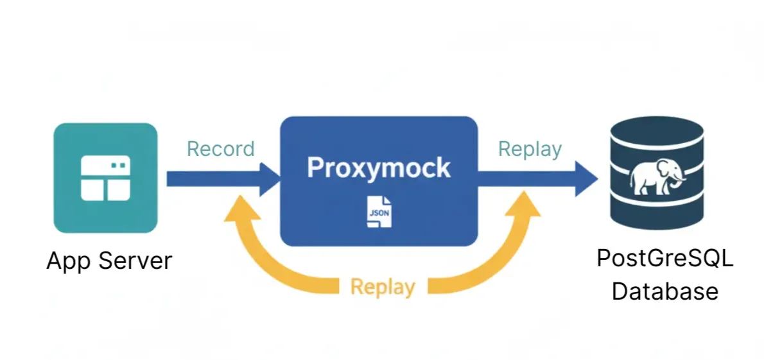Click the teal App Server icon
(105, 178)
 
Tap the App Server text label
(109, 261)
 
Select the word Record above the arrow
(220, 149)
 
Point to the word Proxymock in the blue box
(379, 167)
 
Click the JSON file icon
(379, 212)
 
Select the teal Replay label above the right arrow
(530, 149)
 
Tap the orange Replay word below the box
(383, 286)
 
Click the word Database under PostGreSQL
(664, 291)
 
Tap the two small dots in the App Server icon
(118, 165)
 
